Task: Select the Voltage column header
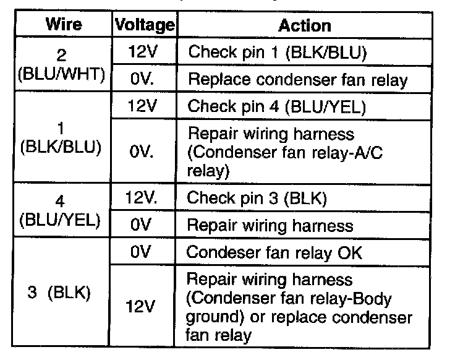coord(144,25)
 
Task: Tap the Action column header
coord(304,25)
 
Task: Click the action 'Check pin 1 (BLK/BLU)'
coord(278,53)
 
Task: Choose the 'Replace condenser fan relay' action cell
coord(297,80)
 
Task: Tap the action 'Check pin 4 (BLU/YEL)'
coord(276,107)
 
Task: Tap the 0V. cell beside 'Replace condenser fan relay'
coord(144,80)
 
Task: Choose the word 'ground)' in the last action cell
coord(216,318)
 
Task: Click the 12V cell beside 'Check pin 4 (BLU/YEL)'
coord(144,107)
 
